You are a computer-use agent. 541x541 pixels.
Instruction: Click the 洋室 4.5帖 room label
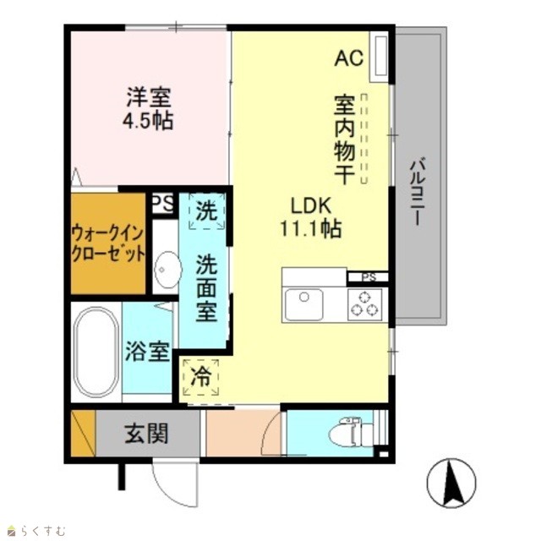coord(148,109)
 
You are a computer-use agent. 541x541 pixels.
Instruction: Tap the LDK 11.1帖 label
coord(311,217)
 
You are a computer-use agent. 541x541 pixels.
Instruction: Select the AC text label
coord(349,57)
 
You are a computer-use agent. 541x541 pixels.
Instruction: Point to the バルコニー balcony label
coord(418,192)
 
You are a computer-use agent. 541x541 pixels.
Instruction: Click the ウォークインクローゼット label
coord(108,244)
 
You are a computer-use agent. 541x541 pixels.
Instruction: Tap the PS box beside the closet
coord(163,203)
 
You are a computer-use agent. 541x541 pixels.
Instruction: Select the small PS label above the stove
coord(368,276)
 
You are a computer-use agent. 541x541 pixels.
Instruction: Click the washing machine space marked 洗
coord(206,211)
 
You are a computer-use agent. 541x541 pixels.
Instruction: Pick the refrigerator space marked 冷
coord(200,377)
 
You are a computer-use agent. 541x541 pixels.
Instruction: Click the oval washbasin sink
coord(167,269)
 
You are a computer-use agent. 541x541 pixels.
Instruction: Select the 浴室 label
coord(147,352)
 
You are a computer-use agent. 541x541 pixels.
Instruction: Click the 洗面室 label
coord(206,288)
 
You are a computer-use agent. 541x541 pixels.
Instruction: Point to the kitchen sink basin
coord(304,304)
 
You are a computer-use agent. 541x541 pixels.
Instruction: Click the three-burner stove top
coord(364,304)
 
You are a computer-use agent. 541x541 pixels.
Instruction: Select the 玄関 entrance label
coord(146,434)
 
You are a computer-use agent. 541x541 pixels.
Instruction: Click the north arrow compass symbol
coord(451,483)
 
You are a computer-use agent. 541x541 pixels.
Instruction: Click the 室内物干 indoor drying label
coord(344,139)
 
